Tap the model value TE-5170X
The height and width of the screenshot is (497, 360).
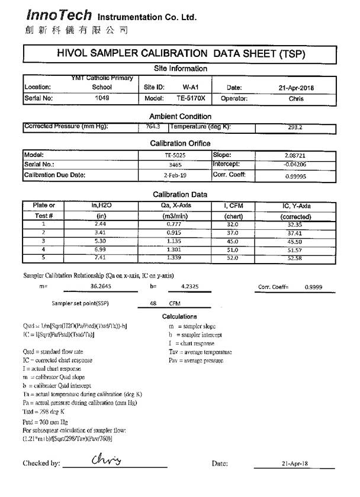[191, 99]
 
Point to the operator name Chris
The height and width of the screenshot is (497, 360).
[296, 99]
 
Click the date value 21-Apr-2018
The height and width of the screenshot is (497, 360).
[296, 88]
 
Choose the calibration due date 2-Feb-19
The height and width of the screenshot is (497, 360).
[176, 175]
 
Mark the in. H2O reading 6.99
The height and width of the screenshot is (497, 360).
[101, 249]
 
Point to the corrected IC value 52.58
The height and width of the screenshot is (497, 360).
[296, 258]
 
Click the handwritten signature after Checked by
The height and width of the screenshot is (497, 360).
[106, 460]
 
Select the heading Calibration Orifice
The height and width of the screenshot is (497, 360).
[180, 143]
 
